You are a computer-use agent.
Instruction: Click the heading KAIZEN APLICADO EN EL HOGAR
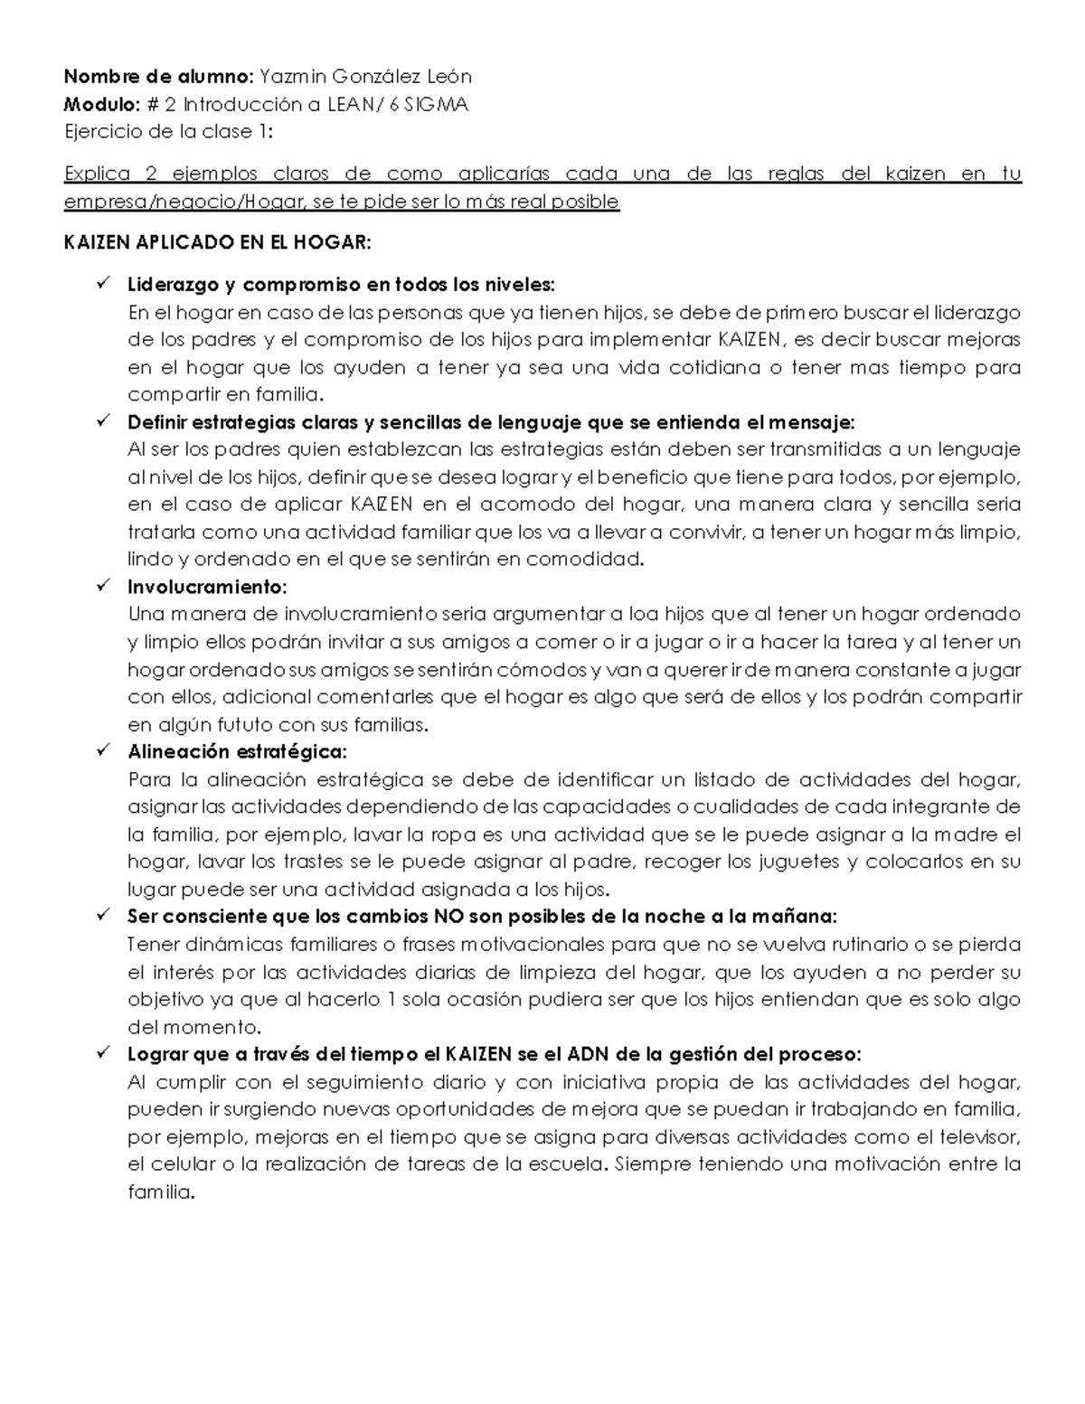tap(217, 243)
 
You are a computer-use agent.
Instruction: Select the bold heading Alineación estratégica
tap(237, 751)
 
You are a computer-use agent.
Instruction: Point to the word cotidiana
tap(697, 368)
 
